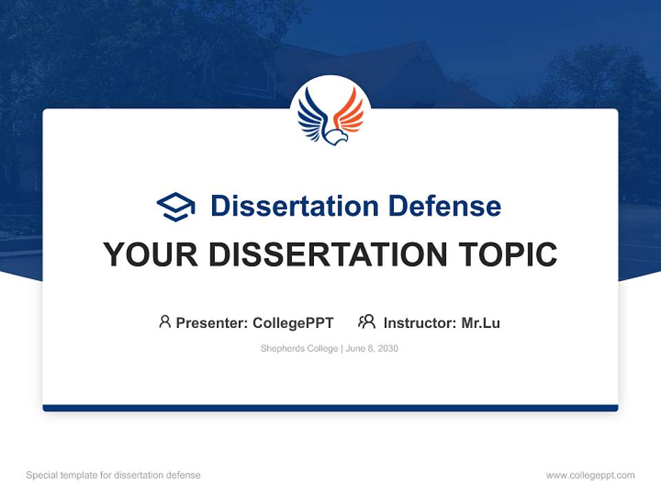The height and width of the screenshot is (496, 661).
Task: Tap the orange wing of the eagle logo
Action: tap(350, 112)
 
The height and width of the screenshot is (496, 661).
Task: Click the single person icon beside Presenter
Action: tap(165, 322)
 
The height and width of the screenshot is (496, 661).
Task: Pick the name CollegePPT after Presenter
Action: tap(293, 322)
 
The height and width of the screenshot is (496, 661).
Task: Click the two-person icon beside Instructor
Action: tap(367, 322)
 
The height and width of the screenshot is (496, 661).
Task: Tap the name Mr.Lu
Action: tap(481, 322)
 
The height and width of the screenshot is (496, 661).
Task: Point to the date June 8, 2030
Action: tap(372, 349)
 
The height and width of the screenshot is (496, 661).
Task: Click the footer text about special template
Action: tap(114, 475)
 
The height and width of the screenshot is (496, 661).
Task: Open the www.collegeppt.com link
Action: tap(590, 475)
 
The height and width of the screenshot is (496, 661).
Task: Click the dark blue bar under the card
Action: tap(330, 408)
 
